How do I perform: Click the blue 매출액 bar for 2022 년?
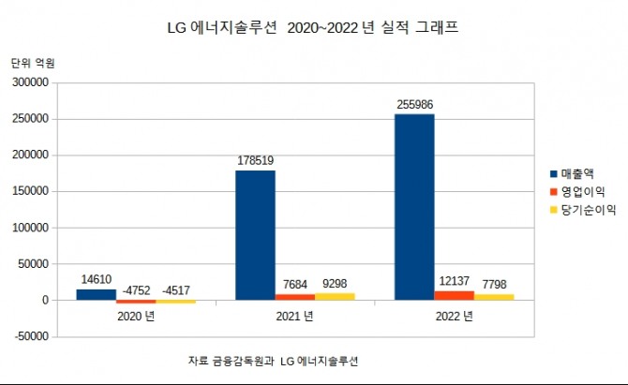click(414, 207)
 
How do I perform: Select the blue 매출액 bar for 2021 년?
click(255, 235)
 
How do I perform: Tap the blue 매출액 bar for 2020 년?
click(96, 294)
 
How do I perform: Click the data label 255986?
click(414, 103)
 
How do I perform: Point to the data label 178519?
click(254, 160)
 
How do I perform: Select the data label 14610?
click(96, 278)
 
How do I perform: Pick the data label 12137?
click(455, 281)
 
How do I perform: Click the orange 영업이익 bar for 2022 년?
click(455, 295)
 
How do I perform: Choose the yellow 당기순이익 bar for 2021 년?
click(335, 296)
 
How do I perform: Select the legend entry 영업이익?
click(581, 192)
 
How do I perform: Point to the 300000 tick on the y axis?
click(30, 82)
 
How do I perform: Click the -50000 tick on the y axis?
click(30, 336)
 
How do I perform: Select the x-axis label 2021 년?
click(294, 316)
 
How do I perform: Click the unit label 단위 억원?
click(33, 63)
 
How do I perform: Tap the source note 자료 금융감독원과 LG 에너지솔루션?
click(273, 360)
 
